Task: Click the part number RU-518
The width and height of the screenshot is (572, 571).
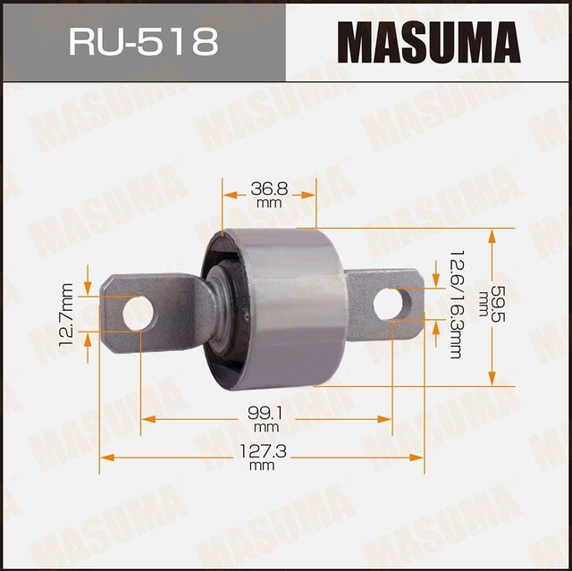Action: (x=142, y=42)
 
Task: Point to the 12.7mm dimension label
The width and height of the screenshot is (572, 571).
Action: (x=66, y=314)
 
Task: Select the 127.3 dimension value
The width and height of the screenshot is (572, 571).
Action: (x=262, y=453)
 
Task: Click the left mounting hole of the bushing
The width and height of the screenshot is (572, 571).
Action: (x=137, y=312)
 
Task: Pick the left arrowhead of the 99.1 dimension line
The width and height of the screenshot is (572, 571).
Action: (x=147, y=418)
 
